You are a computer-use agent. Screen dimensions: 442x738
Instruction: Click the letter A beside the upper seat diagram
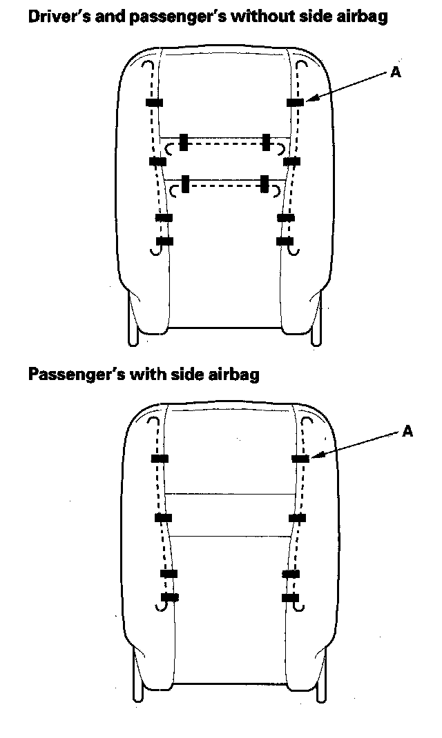point(396,72)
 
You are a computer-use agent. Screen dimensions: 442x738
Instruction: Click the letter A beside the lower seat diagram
point(407,431)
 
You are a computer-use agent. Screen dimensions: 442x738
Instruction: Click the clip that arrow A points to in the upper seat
point(295,103)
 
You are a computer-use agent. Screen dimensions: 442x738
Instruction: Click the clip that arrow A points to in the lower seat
point(300,458)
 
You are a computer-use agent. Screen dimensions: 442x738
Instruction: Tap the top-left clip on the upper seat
point(154,103)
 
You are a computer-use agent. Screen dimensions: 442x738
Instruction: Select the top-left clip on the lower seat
point(160,459)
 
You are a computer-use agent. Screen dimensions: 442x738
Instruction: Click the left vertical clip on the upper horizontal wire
point(183,142)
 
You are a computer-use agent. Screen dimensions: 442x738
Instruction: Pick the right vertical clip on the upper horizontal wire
point(266,142)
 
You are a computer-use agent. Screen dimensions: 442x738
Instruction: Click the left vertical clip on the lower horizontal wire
point(185,184)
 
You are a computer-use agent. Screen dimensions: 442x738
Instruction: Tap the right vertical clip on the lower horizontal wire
point(264,184)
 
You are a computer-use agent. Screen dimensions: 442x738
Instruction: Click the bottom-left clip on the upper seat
point(164,241)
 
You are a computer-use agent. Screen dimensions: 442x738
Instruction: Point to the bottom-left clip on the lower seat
point(169,597)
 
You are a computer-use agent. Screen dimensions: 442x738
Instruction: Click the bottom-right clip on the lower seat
point(289,597)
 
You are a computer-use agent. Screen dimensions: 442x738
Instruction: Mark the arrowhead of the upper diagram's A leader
point(308,101)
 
